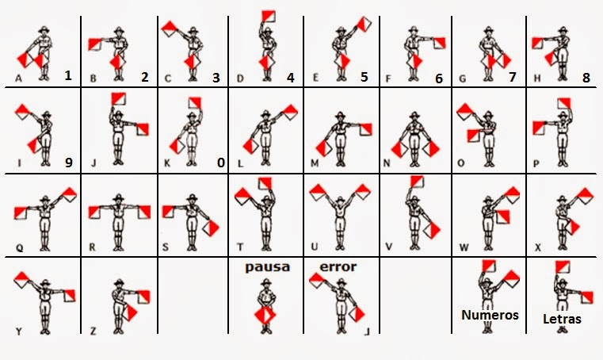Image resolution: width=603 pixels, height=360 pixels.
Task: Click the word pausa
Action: [x=268, y=266]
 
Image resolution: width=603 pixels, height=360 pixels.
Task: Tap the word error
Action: [x=338, y=266]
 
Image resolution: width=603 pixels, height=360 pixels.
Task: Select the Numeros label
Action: [x=490, y=315]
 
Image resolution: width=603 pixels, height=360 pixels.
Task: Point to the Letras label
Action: [x=562, y=319]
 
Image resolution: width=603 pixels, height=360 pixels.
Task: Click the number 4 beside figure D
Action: [x=291, y=78]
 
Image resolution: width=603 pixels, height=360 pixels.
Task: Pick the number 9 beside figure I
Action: [x=68, y=163]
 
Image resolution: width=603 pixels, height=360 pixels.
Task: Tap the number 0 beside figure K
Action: [x=221, y=163]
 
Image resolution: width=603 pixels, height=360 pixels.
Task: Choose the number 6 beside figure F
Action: [x=439, y=79]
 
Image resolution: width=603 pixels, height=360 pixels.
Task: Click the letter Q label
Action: [x=20, y=247]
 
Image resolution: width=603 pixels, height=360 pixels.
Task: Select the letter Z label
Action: [x=93, y=331]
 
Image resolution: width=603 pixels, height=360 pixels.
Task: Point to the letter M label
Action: [x=315, y=163]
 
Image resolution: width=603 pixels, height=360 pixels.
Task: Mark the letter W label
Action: [x=464, y=247]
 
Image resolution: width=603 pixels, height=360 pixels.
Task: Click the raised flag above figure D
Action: [x=269, y=16]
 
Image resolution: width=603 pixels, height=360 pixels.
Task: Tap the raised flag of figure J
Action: [x=119, y=98]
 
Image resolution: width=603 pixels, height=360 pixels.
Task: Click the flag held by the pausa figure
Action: [x=265, y=315]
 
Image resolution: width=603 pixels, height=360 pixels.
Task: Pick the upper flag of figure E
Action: [x=364, y=24]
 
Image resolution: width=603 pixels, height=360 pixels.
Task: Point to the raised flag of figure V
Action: [x=417, y=181]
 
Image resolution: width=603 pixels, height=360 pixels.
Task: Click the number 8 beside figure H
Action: [x=586, y=78]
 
